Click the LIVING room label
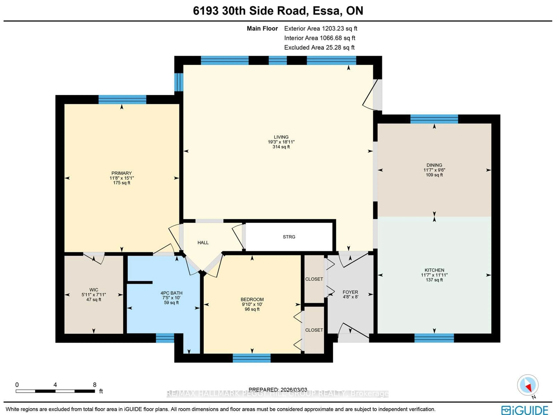281,137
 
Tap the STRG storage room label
289,237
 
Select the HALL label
203,243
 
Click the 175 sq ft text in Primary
122,183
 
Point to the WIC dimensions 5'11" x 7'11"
94,295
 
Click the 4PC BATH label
171,293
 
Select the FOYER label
350,292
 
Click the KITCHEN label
434,270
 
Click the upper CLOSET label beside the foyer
314,279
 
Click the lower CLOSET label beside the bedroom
314,330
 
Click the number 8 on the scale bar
95,385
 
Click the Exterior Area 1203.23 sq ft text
320,29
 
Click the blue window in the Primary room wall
122,99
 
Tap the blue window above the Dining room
434,119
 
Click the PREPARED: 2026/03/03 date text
278,390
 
